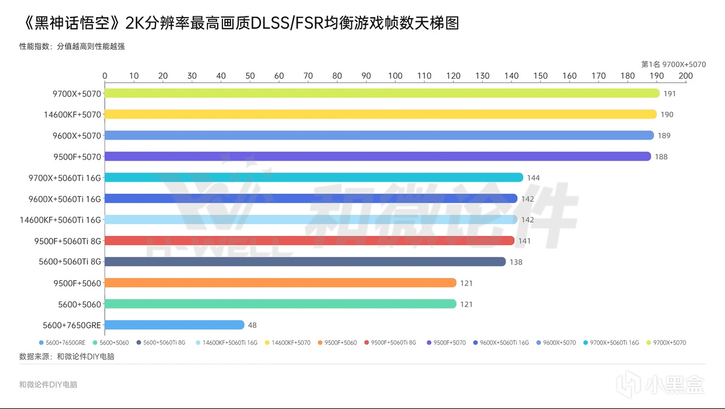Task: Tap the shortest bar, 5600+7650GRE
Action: (x=175, y=325)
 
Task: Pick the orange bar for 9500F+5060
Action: (x=281, y=283)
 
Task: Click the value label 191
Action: (x=669, y=94)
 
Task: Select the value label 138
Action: (x=515, y=262)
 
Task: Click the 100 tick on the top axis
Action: (x=395, y=76)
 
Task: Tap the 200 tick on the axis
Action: (x=686, y=76)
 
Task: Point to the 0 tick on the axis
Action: (x=105, y=76)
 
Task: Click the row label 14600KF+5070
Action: (x=72, y=114)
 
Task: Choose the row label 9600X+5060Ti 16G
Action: (x=65, y=198)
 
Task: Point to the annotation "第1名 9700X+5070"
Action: (x=673, y=64)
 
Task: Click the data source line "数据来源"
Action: (x=67, y=356)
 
